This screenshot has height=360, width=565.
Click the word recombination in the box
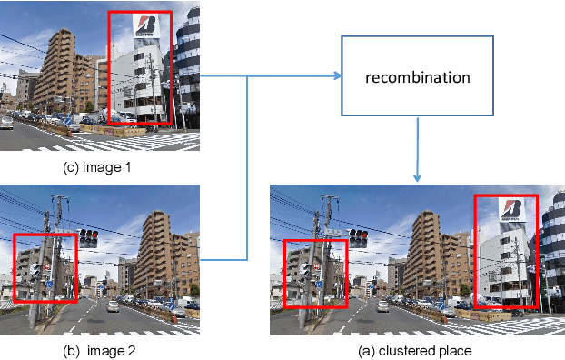point(417,77)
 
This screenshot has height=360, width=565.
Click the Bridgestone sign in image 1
point(145,25)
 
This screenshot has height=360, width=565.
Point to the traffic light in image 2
point(88,238)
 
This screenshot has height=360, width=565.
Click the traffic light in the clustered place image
point(358,238)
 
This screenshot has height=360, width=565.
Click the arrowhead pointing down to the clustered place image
point(418,175)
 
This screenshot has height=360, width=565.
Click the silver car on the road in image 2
point(112,305)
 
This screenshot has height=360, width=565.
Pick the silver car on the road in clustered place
point(382,305)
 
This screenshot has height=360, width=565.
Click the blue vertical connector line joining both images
point(249,168)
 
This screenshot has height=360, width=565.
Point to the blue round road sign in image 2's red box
point(48,284)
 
